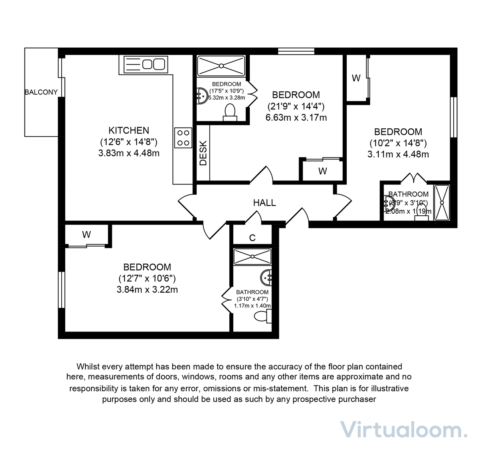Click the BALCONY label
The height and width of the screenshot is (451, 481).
click(x=41, y=92)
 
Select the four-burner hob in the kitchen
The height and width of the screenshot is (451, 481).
click(x=183, y=138)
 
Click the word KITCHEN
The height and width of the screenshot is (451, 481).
click(x=129, y=130)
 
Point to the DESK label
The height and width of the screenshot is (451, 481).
click(x=203, y=153)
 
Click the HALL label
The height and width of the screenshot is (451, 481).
click(x=264, y=203)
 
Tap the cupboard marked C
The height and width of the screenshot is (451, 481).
click(x=252, y=238)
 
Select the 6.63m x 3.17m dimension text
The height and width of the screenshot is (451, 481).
click(x=296, y=117)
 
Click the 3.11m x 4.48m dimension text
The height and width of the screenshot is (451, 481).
click(x=398, y=154)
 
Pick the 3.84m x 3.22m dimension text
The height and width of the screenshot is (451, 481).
click(x=147, y=289)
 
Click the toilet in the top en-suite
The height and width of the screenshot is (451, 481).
click(x=230, y=112)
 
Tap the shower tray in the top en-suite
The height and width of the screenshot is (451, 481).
click(x=221, y=66)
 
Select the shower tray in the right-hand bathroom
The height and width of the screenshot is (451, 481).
click(x=442, y=202)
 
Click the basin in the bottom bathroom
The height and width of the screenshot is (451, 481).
click(x=267, y=277)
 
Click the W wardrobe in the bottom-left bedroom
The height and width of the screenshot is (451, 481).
click(x=87, y=235)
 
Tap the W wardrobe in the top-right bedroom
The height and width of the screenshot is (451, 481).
click(x=356, y=79)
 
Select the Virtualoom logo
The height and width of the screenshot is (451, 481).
click(x=403, y=430)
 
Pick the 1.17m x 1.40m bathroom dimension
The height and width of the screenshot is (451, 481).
click(x=252, y=305)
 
